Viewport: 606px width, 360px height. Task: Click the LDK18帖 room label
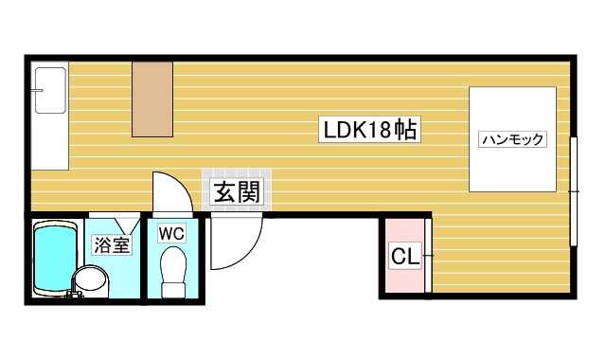(369, 129)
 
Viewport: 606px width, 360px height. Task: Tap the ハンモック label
(512, 139)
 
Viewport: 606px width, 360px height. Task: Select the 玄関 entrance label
(237, 191)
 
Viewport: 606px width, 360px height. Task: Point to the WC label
(172, 234)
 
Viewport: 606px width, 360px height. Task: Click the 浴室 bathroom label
(112, 244)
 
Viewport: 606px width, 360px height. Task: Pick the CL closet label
(405, 256)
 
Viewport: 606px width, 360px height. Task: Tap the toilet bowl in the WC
(173, 266)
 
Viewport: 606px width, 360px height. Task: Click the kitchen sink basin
(50, 91)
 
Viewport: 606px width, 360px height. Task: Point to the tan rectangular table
(152, 99)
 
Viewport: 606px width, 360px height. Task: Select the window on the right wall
(574, 191)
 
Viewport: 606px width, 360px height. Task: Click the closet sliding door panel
(428, 256)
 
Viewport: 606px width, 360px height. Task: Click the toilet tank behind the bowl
(173, 291)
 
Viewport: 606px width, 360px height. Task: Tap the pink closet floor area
(405, 256)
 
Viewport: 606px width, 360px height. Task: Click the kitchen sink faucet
(37, 91)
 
